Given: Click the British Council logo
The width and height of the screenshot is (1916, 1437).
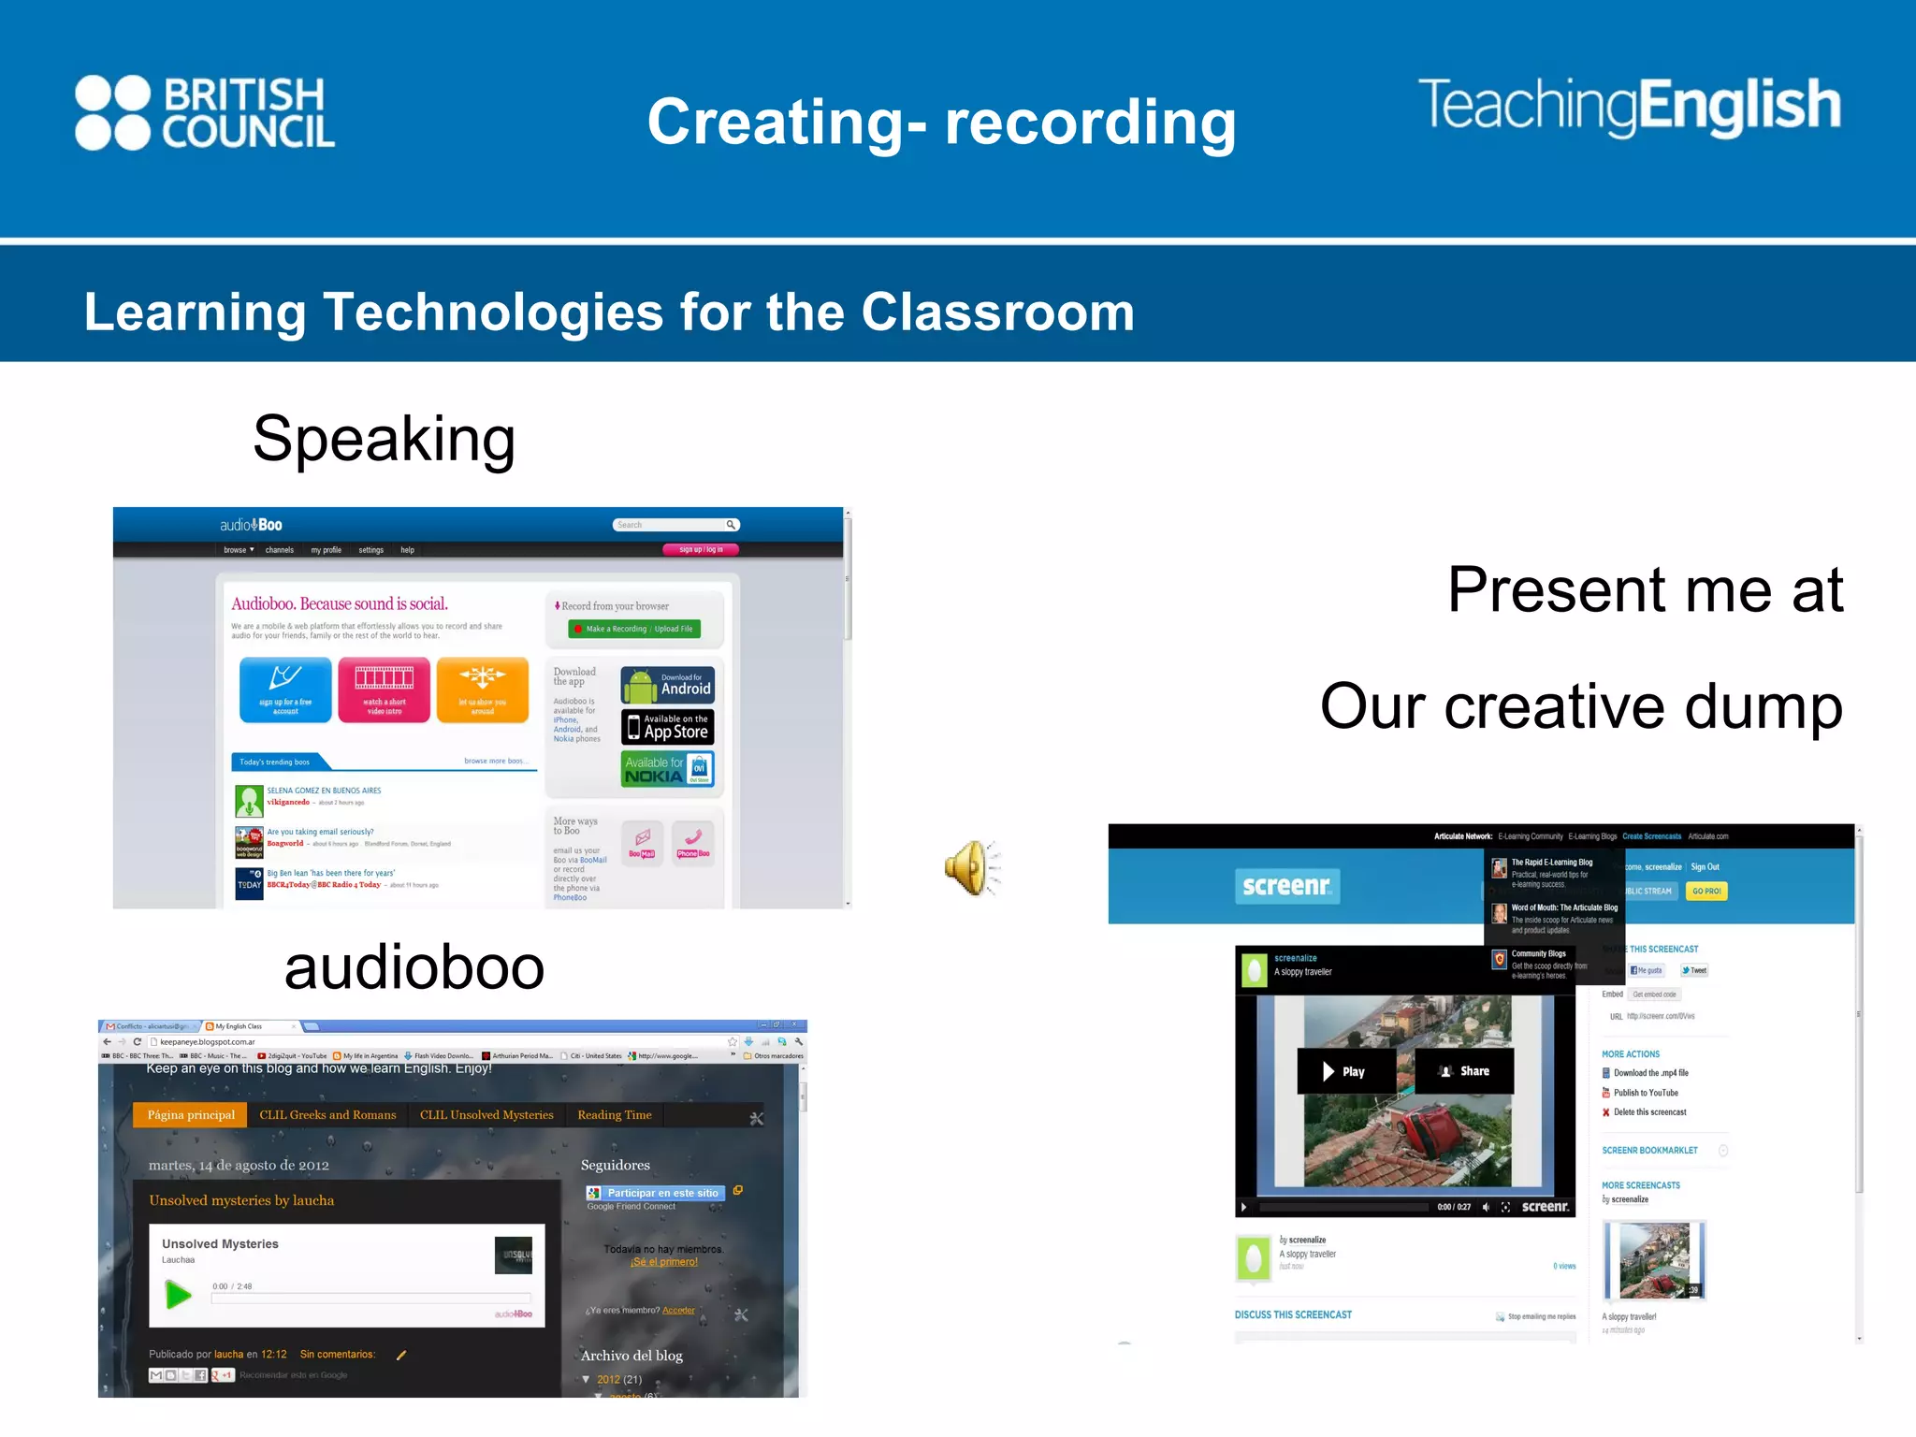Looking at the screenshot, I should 205,113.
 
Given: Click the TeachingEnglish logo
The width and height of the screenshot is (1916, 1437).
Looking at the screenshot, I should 1629,106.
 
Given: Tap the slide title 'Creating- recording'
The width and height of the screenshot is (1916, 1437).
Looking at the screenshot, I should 941,123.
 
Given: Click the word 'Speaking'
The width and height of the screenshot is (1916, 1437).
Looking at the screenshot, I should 384,439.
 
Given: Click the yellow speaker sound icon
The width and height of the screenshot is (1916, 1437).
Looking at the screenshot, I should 970,867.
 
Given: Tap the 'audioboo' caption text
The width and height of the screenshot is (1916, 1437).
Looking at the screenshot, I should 414,967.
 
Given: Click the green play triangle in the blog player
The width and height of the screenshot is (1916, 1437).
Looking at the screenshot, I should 178,1295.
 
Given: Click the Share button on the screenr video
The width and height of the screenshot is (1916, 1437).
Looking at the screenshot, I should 1464,1071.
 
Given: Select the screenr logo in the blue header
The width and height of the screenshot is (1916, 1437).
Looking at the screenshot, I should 1286,886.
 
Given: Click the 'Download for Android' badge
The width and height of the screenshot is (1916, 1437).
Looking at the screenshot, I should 667,685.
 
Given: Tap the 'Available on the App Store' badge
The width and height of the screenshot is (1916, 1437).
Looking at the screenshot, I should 667,727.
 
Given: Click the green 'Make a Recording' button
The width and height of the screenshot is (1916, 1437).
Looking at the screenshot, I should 633,629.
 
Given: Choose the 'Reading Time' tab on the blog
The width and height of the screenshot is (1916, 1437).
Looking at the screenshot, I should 615,1115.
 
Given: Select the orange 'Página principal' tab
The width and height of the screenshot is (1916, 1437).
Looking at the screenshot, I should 191,1115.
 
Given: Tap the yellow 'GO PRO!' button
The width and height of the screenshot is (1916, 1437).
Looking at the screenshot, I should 1706,892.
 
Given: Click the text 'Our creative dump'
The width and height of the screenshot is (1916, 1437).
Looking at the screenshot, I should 1580,706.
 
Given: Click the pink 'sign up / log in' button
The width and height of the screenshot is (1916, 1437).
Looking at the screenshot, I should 701,550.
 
